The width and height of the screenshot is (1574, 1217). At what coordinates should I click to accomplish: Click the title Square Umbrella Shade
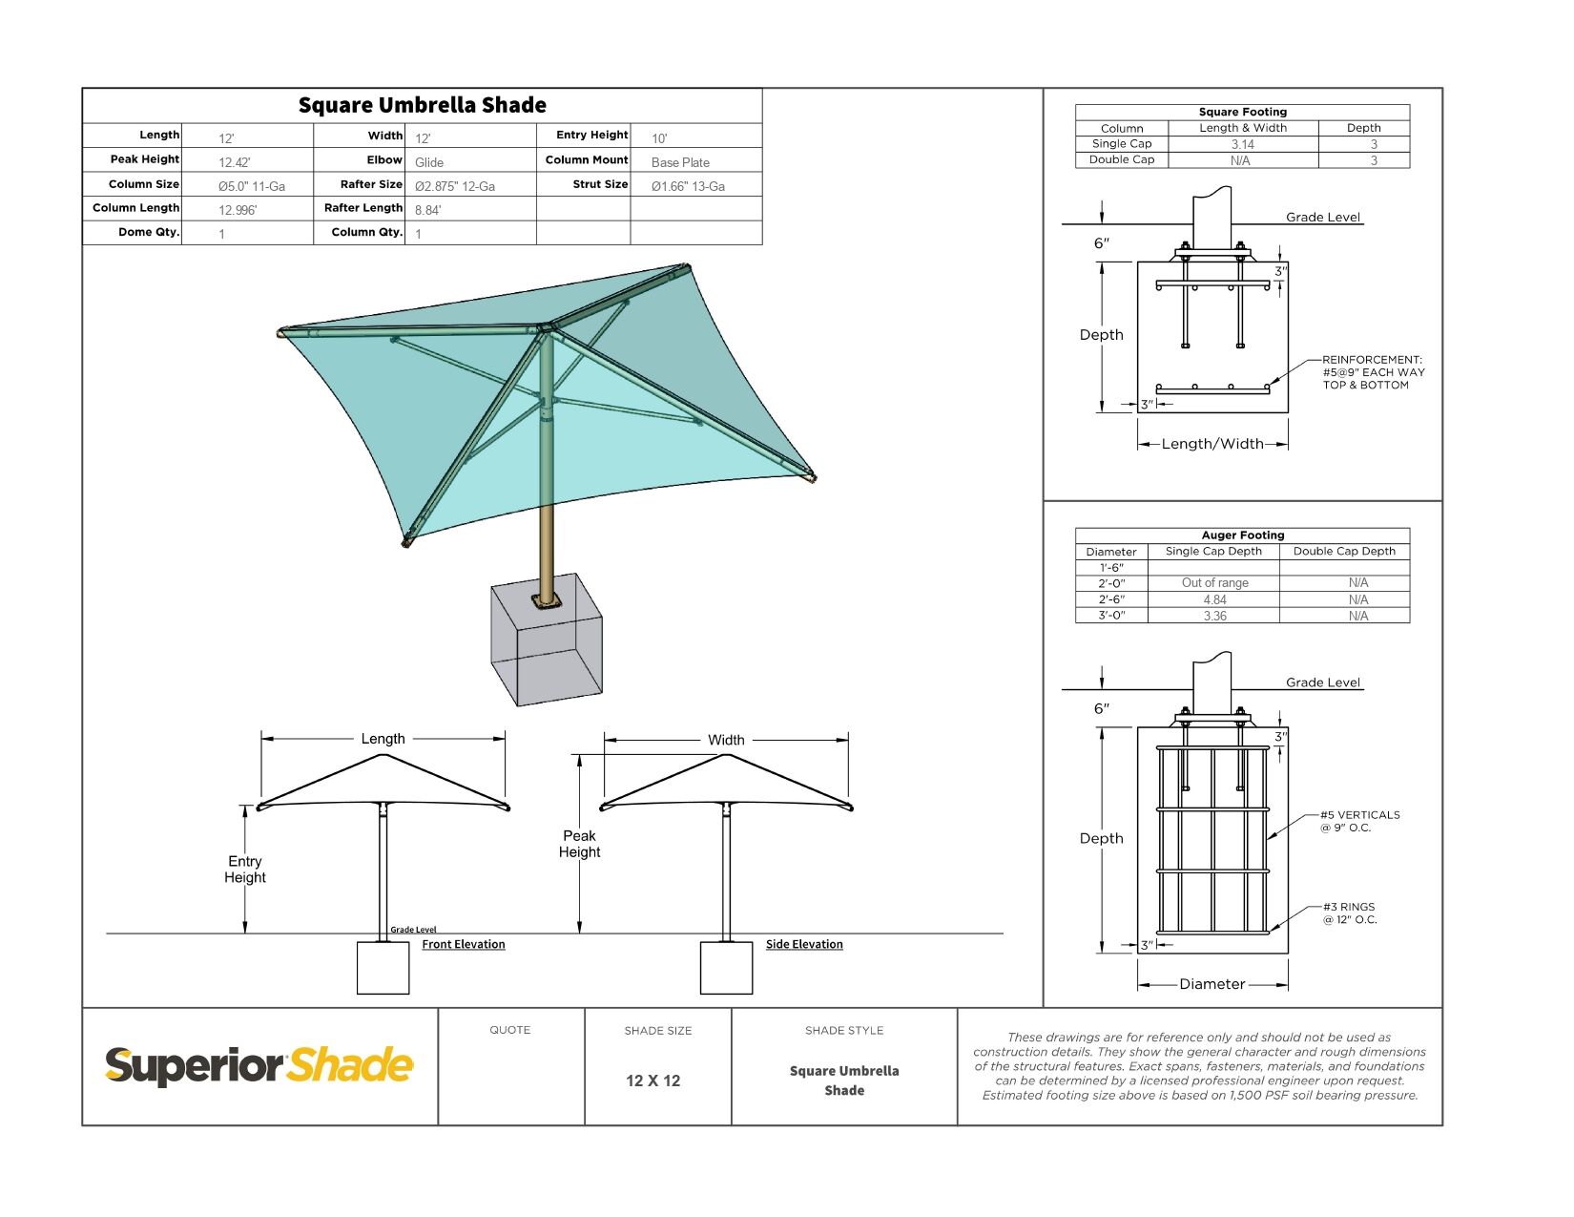(422, 105)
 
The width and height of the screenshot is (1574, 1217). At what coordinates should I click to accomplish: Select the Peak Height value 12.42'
(235, 162)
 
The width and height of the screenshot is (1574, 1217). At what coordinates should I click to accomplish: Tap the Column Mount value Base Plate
(680, 162)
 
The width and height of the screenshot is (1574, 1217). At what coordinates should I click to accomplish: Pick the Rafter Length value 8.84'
(427, 210)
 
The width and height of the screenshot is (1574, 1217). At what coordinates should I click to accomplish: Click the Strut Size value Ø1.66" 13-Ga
(688, 186)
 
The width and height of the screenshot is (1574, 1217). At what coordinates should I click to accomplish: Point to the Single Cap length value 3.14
(1242, 145)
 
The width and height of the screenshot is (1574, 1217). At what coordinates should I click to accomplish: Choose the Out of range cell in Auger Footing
(1214, 583)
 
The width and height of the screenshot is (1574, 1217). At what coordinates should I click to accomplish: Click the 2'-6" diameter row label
(1111, 599)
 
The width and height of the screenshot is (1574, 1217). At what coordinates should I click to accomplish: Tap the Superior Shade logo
(259, 1065)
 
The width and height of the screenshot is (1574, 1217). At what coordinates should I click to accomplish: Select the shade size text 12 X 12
(652, 1081)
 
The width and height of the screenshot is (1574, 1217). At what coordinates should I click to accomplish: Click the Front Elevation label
(464, 944)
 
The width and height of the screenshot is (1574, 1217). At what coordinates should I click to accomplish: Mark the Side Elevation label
(804, 944)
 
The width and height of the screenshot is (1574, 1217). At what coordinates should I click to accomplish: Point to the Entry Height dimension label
(245, 869)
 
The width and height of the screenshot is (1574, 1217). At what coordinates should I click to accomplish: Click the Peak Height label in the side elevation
(579, 844)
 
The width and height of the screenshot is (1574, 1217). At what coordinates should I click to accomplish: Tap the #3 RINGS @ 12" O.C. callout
(1349, 913)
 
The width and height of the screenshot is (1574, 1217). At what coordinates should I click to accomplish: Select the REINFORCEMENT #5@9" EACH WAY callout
(1373, 372)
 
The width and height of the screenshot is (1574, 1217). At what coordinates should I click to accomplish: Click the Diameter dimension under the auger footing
(1212, 984)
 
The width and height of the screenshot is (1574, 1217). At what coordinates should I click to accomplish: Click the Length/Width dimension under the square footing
(1212, 444)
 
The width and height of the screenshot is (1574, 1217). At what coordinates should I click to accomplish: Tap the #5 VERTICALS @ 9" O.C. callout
(1359, 821)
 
